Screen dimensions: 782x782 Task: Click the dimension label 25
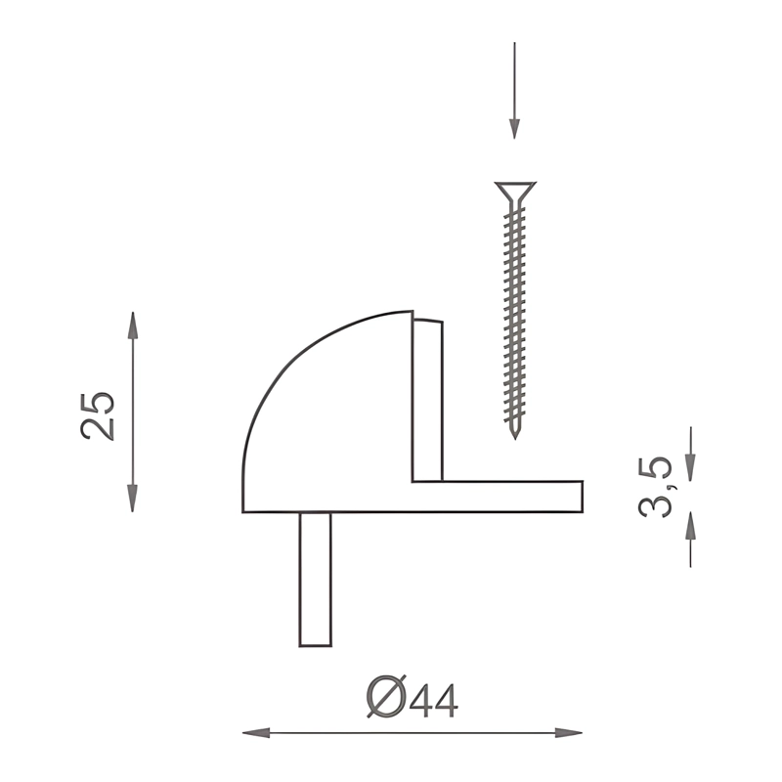(x=97, y=416)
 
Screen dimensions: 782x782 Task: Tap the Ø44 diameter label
(x=412, y=697)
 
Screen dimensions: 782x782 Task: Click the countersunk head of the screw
(x=515, y=192)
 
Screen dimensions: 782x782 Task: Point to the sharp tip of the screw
(x=515, y=438)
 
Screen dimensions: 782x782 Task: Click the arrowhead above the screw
(x=515, y=129)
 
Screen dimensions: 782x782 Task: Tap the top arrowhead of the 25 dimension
(x=132, y=326)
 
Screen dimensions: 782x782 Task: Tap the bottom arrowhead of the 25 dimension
(x=132, y=499)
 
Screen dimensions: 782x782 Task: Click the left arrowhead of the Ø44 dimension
(x=256, y=733)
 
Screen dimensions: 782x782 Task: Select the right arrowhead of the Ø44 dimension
(x=569, y=733)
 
